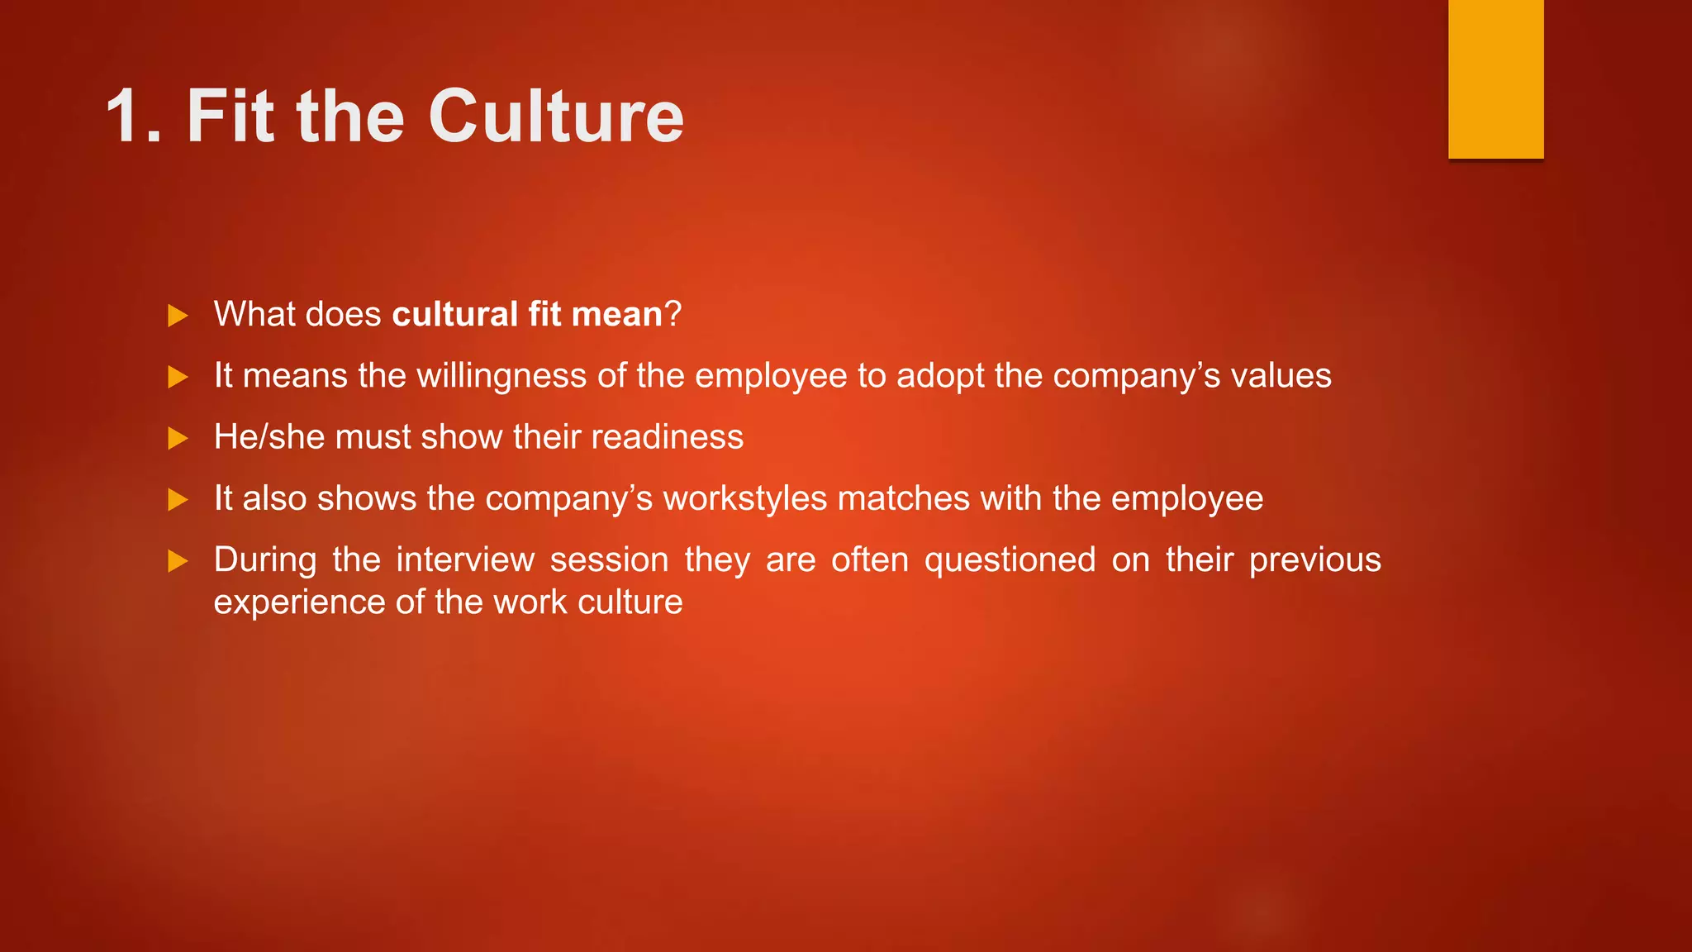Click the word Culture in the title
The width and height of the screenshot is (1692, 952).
[x=555, y=117]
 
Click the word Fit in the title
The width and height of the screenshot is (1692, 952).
[x=231, y=117]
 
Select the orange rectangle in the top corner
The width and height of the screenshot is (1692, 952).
[x=1495, y=79]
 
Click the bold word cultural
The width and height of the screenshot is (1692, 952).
[x=455, y=315]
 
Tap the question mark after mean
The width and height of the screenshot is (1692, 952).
[x=673, y=315]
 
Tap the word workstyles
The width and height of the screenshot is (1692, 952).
[x=745, y=499]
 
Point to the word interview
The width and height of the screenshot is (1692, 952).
[x=465, y=560]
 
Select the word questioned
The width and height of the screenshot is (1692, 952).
[x=1010, y=560]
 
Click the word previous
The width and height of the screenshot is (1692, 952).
[x=1314, y=560]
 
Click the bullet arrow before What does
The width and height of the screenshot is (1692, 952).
[x=178, y=316]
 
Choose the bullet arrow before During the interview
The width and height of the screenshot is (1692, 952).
[x=178, y=562]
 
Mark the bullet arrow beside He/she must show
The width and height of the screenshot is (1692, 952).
[x=178, y=438]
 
